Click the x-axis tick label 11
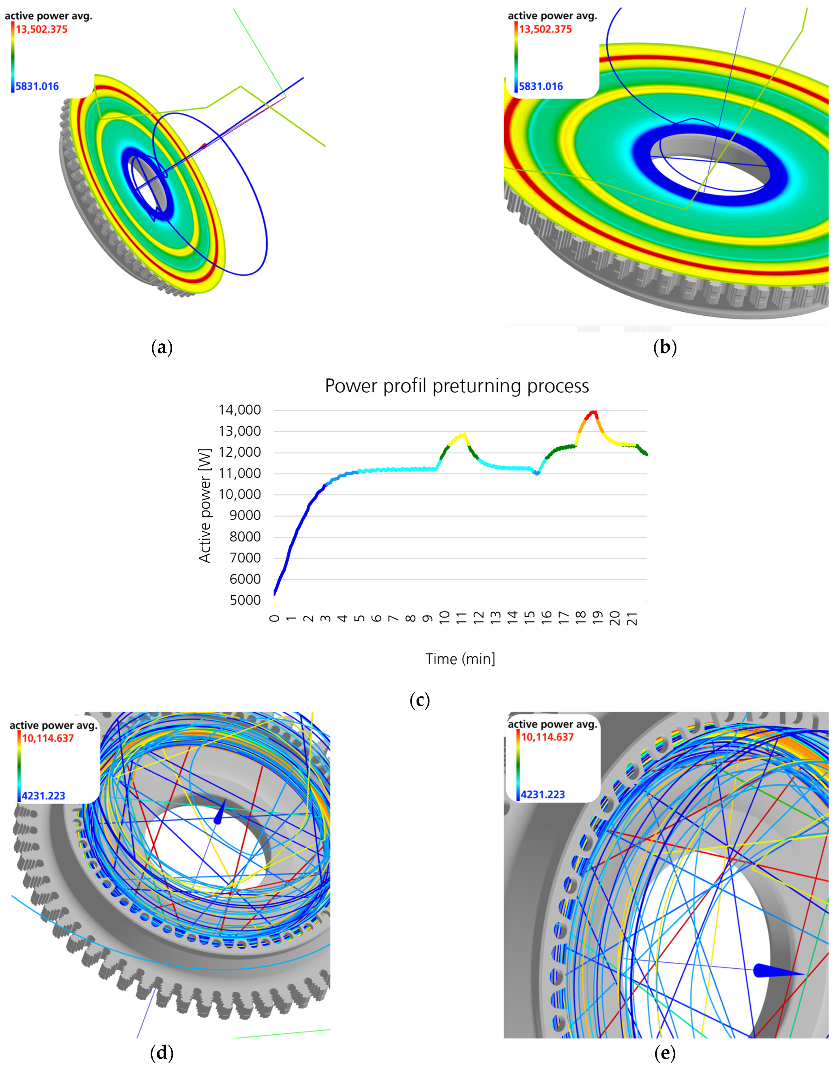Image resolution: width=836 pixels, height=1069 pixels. [x=461, y=618]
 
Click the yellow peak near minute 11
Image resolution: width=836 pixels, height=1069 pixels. [x=462, y=434]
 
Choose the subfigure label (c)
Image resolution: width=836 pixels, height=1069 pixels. [x=420, y=701]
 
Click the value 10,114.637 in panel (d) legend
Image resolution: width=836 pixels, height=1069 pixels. [x=48, y=738]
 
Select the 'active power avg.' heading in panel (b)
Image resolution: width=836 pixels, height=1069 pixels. [x=552, y=16]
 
